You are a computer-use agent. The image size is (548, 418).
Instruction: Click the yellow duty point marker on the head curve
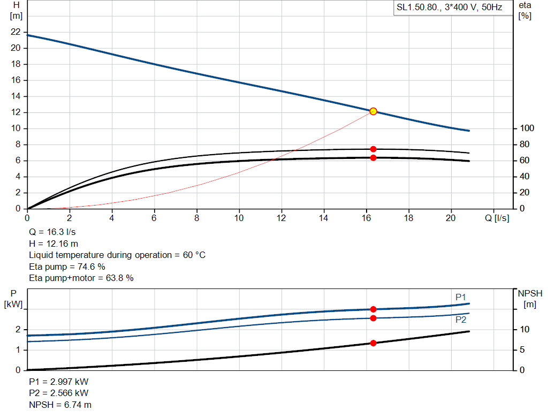pyautogui.click(x=373, y=111)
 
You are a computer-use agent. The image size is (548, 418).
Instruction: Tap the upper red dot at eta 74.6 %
pyautogui.click(x=373, y=149)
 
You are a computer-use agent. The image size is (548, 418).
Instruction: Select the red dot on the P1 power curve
pyautogui.click(x=373, y=309)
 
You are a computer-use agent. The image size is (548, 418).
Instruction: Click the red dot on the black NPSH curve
pyautogui.click(x=373, y=343)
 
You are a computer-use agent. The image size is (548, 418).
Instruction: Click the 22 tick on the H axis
pyautogui.click(x=16, y=32)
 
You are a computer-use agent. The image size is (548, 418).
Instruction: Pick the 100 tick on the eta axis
pyautogui.click(x=527, y=128)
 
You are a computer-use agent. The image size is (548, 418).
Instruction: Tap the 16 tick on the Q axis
pyautogui.click(x=367, y=218)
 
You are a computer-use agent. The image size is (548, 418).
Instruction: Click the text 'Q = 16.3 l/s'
pyautogui.click(x=52, y=232)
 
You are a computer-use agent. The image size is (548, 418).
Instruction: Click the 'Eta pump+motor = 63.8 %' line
pyautogui.click(x=81, y=278)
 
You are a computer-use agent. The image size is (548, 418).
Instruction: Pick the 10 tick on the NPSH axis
pyautogui.click(x=525, y=329)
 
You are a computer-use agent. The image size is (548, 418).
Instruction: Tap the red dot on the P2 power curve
pyautogui.click(x=373, y=318)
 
